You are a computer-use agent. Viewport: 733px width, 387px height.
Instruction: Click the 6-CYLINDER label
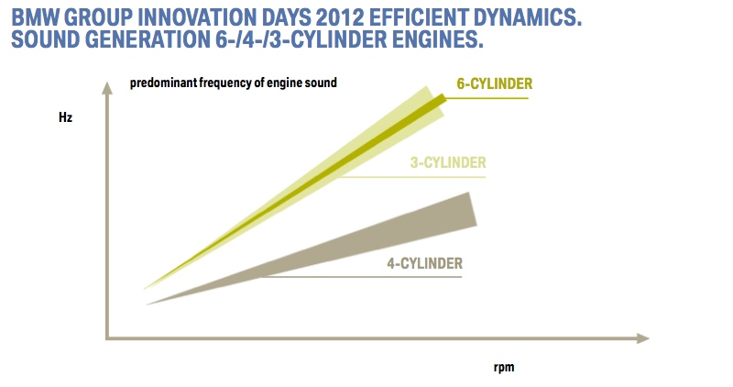coord(495,83)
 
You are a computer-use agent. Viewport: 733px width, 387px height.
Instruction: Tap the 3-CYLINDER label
coord(447,163)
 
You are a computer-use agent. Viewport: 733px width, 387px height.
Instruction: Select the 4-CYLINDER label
coord(424,263)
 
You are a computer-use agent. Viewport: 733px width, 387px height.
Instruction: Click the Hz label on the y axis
coord(64,120)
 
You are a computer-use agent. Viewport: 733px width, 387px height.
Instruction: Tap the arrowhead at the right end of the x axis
coord(640,338)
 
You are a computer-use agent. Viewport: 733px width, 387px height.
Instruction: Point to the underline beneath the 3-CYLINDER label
coord(412,176)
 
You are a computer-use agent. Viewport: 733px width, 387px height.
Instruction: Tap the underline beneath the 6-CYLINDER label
coord(486,96)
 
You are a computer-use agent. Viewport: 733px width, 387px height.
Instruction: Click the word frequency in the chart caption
coord(230,83)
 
